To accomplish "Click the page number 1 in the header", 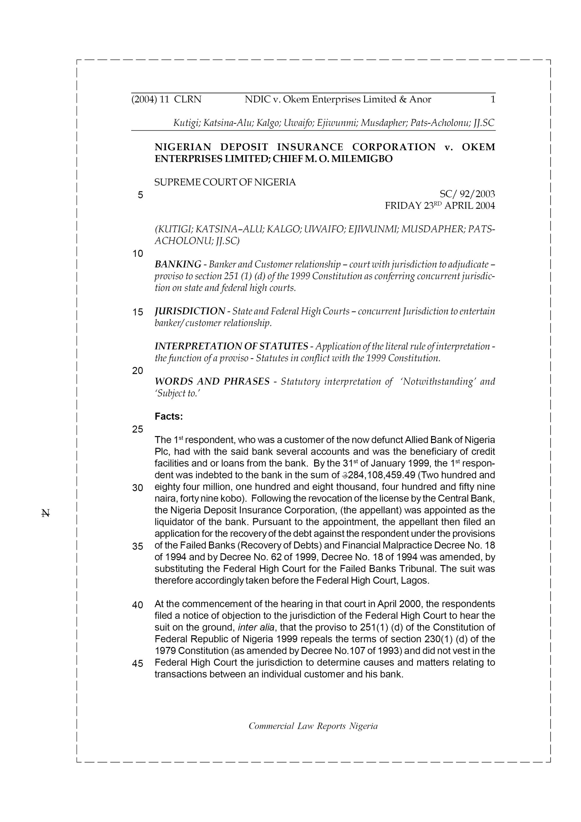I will pyautogui.click(x=493, y=99).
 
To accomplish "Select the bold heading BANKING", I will pyautogui.click(x=178, y=264).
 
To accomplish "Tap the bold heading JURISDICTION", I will pyautogui.click(x=190, y=311).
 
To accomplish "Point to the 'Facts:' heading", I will pyautogui.click(x=169, y=416).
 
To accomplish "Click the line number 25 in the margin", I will pyautogui.click(x=137, y=429).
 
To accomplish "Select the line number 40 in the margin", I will pyautogui.click(x=137, y=605).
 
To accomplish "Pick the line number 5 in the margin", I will pyautogui.click(x=140, y=195).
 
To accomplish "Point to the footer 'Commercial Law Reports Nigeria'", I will pyautogui.click(x=313, y=726).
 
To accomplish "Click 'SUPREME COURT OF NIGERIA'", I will pyautogui.click(x=225, y=182).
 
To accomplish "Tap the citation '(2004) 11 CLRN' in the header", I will pyautogui.click(x=167, y=99).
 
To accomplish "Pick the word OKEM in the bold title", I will pyautogui.click(x=478, y=147).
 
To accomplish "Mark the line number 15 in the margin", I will pyautogui.click(x=137, y=312).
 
